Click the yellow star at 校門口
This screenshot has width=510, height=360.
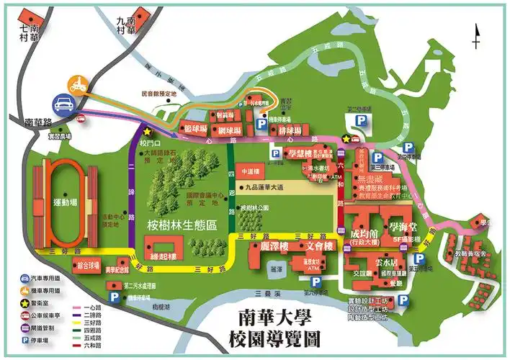point(147,132)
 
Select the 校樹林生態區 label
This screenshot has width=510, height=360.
point(182,224)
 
